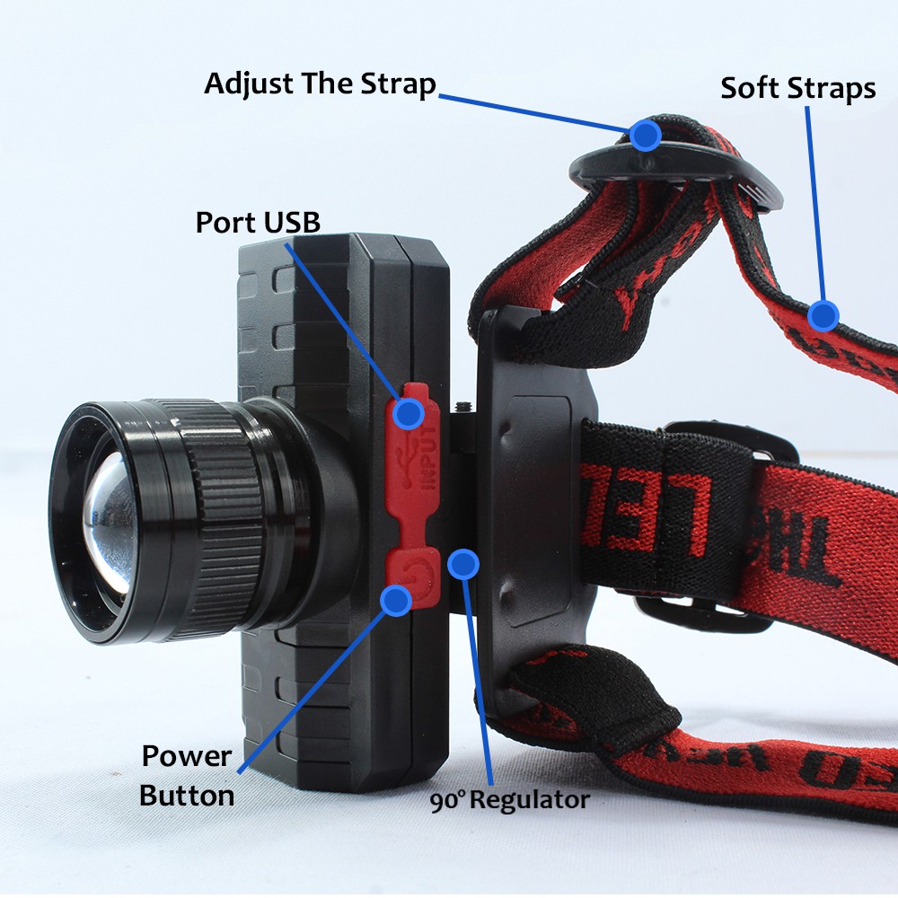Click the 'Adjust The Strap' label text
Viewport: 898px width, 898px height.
coord(320,84)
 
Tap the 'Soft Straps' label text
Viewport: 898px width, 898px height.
coord(797,88)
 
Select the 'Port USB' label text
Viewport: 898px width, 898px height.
coord(258,222)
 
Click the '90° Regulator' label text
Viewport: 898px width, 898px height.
coord(509,800)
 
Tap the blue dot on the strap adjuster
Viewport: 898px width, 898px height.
coord(645,135)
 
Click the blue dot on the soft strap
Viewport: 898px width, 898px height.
coord(823,315)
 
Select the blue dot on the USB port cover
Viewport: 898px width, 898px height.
coord(409,413)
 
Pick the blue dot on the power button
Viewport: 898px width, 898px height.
coord(396,599)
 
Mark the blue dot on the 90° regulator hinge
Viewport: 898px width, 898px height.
coord(463,564)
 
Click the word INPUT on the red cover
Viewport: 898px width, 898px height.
coord(429,459)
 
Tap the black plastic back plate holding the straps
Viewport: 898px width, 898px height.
coord(530,503)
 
